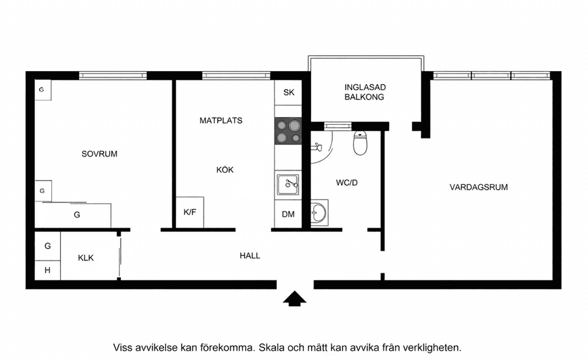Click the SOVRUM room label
99,154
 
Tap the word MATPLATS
221,121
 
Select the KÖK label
225,170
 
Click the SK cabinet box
288,93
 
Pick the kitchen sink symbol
288,182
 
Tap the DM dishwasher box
288,214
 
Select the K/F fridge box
190,212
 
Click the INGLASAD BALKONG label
364,92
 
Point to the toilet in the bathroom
360,144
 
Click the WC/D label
347,182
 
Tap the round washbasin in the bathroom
319,213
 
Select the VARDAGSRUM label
478,187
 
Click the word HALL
250,255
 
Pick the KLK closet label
86,258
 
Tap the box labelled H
47,270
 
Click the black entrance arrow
295,299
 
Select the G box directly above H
47,246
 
